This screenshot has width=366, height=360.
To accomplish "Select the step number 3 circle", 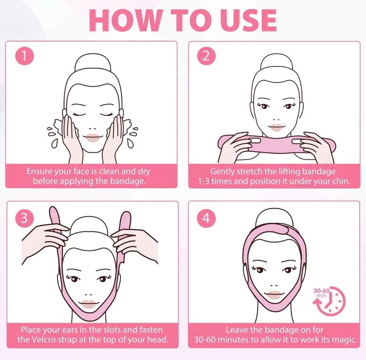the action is tap(24, 218).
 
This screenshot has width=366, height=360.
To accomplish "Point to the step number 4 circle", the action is tap(206, 218).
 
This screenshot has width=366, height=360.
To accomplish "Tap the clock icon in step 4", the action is tap(329, 301).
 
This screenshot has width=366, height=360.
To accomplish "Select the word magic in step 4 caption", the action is tap(344, 340).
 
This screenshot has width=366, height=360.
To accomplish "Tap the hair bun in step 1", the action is tap(93, 62).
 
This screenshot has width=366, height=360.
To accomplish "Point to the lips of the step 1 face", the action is tap(93, 138).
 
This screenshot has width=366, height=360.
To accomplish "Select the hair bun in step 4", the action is tap(274, 218).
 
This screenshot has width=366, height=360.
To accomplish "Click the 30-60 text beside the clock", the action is tap(321, 291).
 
